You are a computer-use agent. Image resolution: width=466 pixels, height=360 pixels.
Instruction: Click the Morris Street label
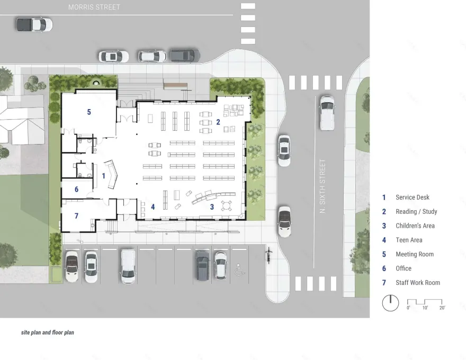tap(94, 7)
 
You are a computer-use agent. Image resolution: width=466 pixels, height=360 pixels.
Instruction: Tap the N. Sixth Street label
tap(322, 186)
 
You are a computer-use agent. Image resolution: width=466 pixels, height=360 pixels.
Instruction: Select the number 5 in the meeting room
tap(89, 112)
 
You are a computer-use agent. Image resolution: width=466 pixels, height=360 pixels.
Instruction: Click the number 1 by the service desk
tap(104, 175)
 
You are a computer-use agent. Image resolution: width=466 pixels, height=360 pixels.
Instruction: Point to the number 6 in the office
tap(76, 189)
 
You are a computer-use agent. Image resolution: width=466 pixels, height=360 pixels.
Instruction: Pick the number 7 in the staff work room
tap(76, 216)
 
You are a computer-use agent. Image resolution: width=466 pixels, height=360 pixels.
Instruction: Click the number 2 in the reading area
tap(218, 122)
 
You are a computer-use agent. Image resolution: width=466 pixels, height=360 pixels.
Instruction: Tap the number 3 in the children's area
tap(212, 207)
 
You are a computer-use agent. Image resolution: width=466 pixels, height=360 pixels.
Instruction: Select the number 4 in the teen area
tap(153, 207)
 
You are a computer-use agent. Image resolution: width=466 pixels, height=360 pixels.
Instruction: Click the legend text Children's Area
tap(415, 226)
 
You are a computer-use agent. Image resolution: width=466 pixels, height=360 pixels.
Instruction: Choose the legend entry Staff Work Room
tap(417, 283)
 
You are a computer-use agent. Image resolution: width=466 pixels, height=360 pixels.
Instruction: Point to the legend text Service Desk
tap(413, 197)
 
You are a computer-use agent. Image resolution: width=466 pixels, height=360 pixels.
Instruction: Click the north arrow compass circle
tap(390, 303)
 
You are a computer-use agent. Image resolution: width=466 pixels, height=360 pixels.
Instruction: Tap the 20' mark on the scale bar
tap(442, 308)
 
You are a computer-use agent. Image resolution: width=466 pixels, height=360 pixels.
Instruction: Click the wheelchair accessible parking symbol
tap(238, 269)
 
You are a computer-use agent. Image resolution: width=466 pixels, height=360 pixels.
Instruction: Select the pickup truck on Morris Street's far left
tap(34, 24)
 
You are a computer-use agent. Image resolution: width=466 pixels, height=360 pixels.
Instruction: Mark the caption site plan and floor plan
tap(48, 333)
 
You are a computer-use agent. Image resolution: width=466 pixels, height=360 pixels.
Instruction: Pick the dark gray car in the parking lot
tap(202, 265)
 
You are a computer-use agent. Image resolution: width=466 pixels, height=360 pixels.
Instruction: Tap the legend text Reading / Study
tap(416, 212)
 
